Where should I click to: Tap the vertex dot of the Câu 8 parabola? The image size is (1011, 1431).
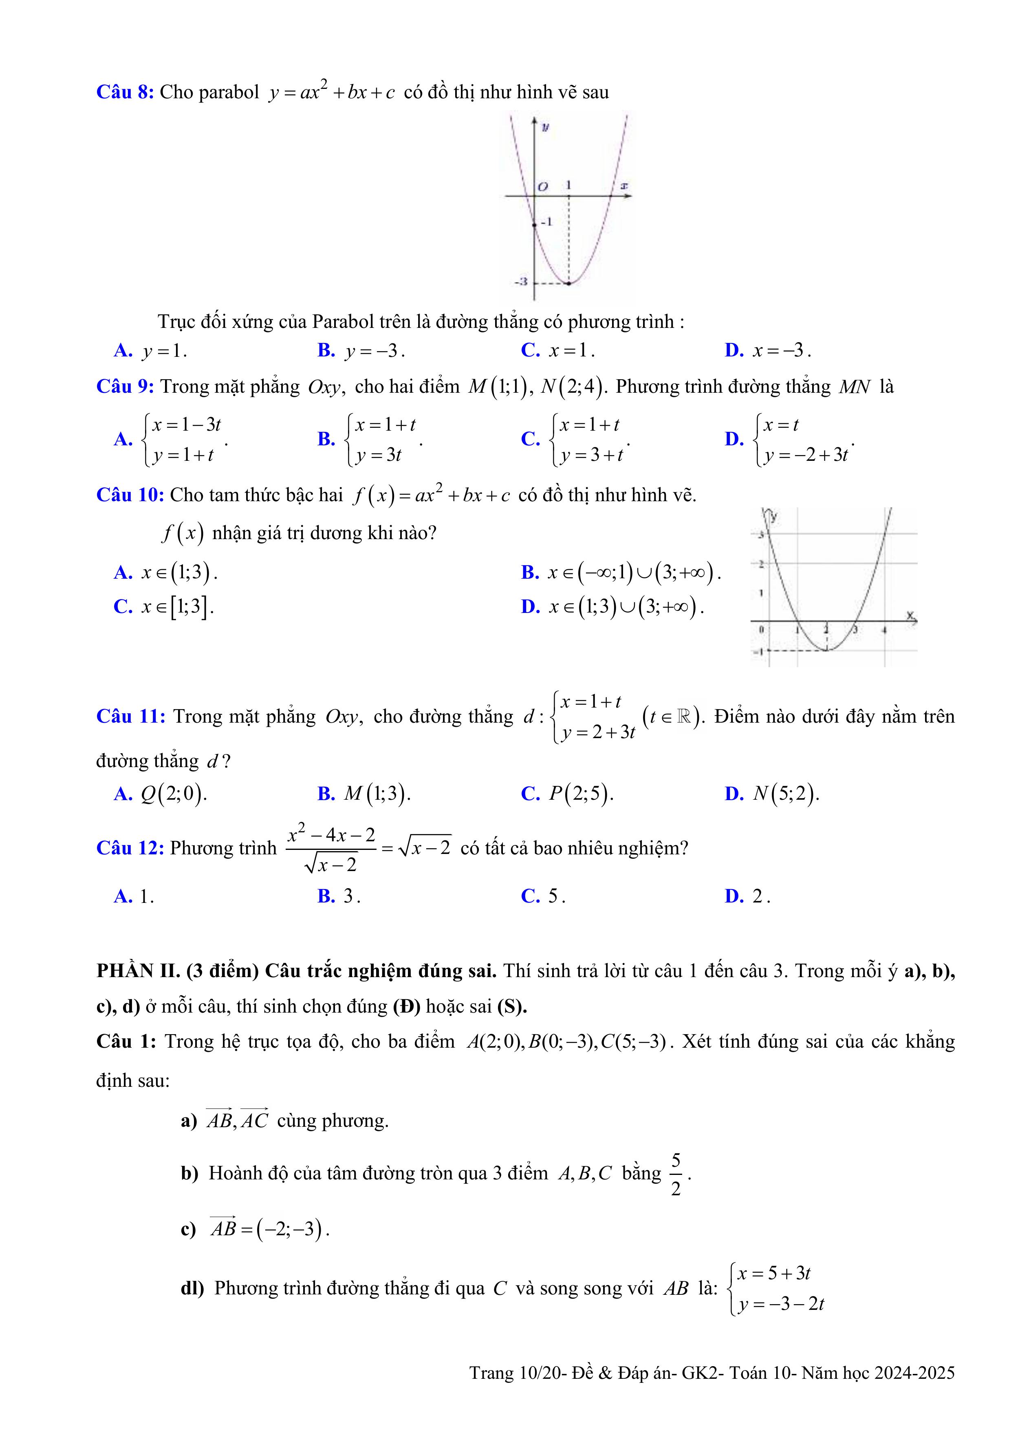pos(569,283)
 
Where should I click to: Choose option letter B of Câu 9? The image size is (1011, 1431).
pos(326,439)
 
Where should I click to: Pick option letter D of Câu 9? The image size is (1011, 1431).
pos(734,439)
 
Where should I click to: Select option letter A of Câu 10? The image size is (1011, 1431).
pos(123,572)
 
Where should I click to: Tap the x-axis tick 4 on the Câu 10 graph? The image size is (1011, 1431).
pos(884,630)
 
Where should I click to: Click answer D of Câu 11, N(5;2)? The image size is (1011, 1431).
pos(773,794)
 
